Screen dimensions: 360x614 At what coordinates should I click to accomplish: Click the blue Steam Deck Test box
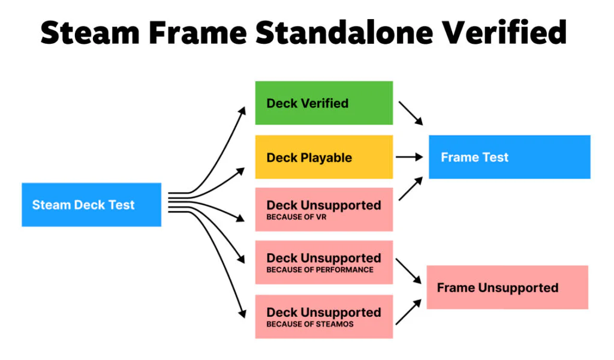pyautogui.click(x=91, y=205)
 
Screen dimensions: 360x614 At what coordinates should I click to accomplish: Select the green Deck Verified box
pyautogui.click(x=324, y=103)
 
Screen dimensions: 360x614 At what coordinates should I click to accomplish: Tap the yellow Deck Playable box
pyautogui.click(x=324, y=157)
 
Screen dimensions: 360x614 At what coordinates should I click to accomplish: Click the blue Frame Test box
pyautogui.click(x=509, y=157)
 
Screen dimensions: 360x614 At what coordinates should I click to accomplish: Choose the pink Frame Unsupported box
pyautogui.click(x=507, y=287)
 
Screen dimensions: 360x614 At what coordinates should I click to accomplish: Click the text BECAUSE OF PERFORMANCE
pyautogui.click(x=320, y=270)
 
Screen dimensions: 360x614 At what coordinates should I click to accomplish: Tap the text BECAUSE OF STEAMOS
pyautogui.click(x=310, y=324)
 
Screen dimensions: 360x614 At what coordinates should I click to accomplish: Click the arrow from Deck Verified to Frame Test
pyautogui.click(x=411, y=113)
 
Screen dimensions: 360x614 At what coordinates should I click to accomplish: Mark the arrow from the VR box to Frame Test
pyautogui.click(x=411, y=188)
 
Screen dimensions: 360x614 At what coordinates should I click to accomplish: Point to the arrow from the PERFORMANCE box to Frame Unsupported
pyautogui.click(x=410, y=272)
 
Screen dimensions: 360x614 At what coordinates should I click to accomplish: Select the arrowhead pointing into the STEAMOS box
pyautogui.click(x=243, y=314)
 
